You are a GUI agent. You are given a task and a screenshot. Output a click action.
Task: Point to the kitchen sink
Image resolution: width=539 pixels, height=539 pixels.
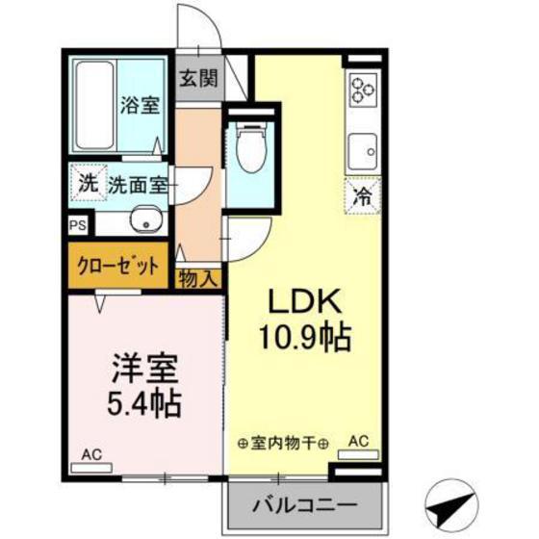pyautogui.click(x=366, y=150)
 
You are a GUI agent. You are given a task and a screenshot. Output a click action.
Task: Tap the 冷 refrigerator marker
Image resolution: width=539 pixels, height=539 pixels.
pyautogui.click(x=363, y=196)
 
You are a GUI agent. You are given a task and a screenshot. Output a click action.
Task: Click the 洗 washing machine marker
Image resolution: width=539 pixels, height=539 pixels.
pyautogui.click(x=88, y=183)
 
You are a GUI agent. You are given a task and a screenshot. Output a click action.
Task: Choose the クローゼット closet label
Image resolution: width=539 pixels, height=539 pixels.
pyautogui.click(x=116, y=266)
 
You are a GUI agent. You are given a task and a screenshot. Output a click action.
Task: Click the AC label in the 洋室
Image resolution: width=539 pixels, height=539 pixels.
pyautogui.click(x=91, y=454)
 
